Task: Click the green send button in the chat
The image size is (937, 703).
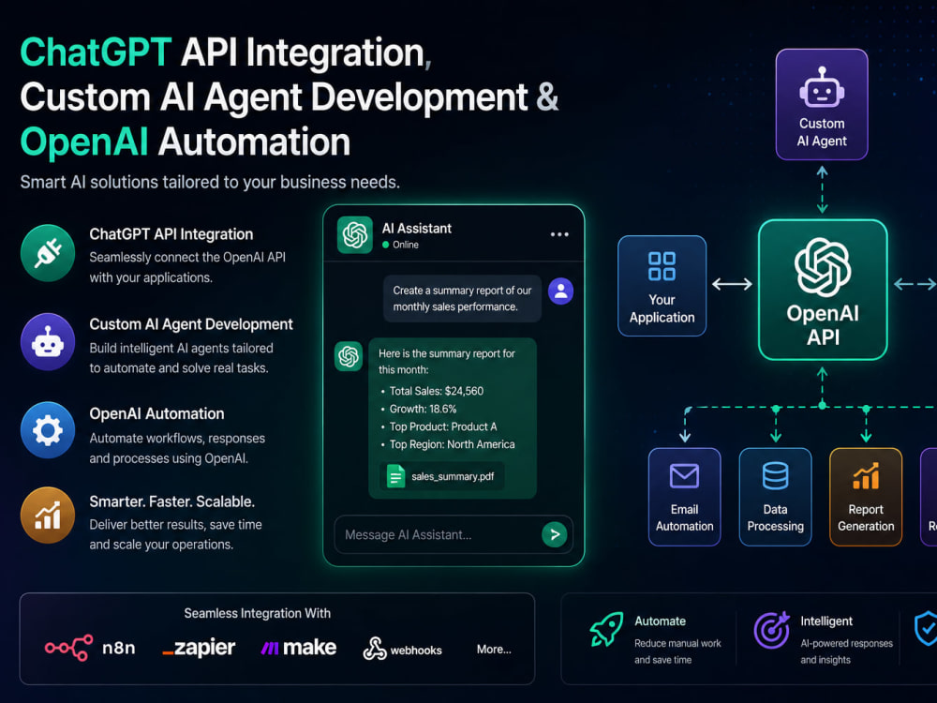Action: tap(555, 534)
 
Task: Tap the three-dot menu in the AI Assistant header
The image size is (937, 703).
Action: tap(559, 234)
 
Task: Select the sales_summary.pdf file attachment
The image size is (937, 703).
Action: tap(442, 476)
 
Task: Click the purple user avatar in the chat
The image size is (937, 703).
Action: tap(560, 292)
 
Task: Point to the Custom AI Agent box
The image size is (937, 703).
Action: tap(822, 105)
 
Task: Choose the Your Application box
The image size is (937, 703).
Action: tap(662, 286)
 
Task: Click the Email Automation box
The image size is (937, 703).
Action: tap(685, 497)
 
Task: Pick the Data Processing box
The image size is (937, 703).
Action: tap(776, 497)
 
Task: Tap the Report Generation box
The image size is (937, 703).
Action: tap(866, 497)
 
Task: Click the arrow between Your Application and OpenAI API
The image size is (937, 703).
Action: tap(732, 284)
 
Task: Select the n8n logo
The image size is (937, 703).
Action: tap(90, 648)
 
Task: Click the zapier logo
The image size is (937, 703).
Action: tap(199, 648)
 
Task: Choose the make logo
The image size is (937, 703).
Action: tap(299, 648)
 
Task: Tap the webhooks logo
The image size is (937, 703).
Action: tap(402, 650)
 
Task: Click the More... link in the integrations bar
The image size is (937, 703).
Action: tap(494, 650)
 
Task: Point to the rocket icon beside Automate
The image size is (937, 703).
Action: tap(606, 629)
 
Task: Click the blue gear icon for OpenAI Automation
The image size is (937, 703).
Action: tap(48, 430)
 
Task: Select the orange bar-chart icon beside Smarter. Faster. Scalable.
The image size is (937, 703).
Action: tap(48, 516)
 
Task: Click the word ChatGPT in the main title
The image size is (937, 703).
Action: tap(97, 52)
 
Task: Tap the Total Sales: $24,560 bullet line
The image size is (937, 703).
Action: tap(433, 391)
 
